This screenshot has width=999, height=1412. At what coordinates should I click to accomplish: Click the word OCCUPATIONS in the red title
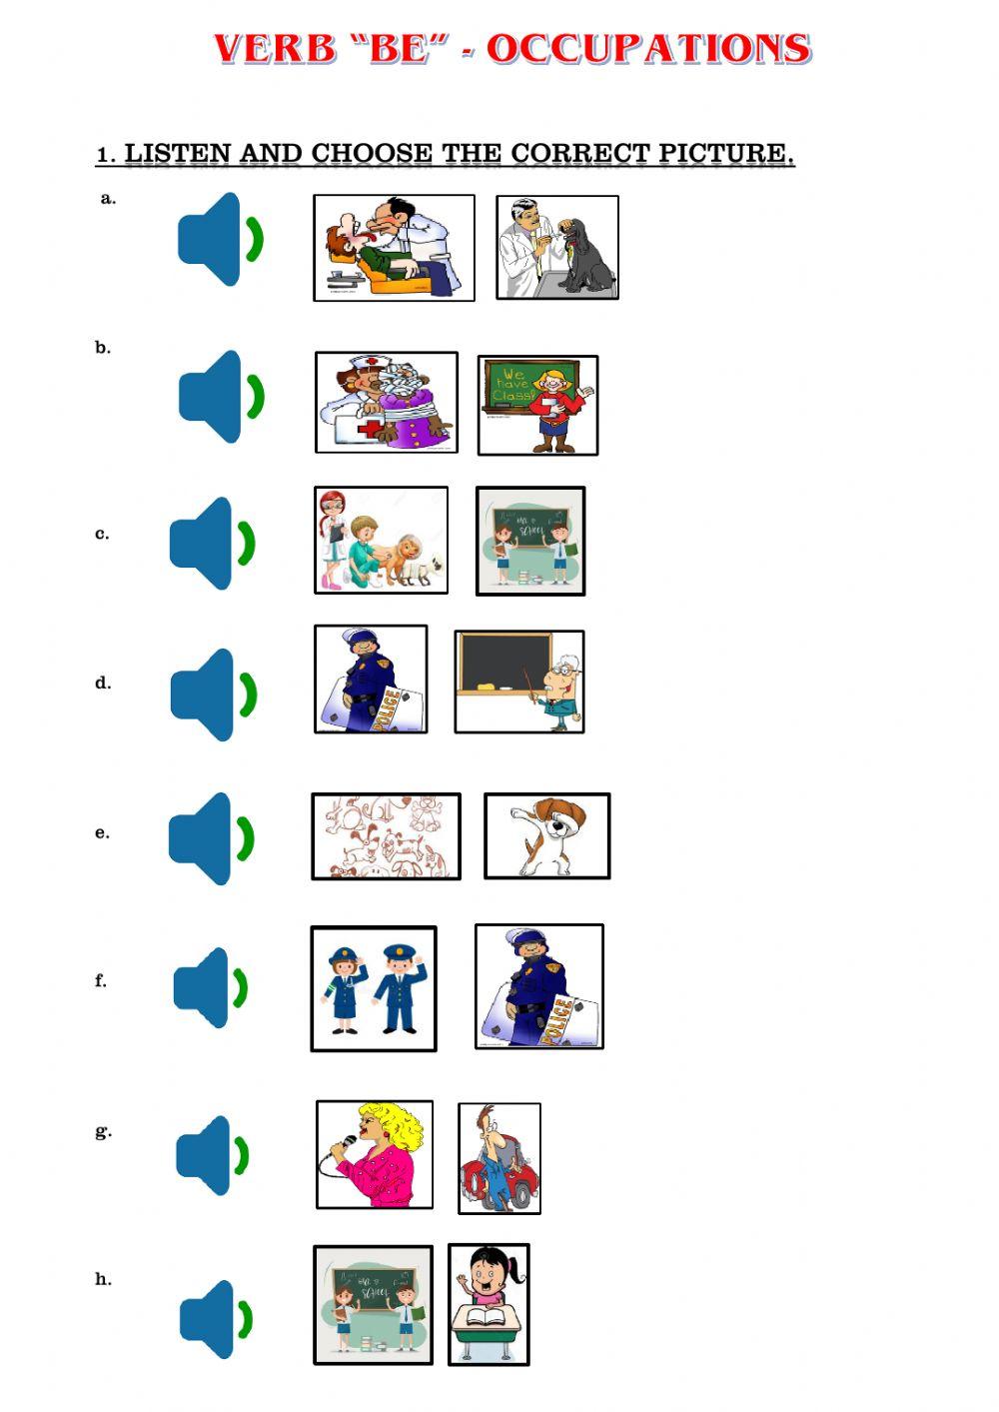(x=647, y=48)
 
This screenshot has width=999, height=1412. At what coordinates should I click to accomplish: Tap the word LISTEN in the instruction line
(x=178, y=154)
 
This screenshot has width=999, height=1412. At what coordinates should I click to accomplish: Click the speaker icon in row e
(x=211, y=838)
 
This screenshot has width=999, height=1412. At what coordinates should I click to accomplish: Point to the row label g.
(x=103, y=1131)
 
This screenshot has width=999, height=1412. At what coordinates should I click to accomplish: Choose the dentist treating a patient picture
(x=394, y=247)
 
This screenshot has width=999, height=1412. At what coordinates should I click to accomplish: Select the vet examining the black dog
(x=557, y=247)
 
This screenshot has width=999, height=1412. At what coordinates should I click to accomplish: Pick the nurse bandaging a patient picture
(x=387, y=402)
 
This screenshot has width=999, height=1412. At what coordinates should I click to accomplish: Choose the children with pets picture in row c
(x=381, y=540)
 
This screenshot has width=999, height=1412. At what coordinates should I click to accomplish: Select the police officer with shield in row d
(x=371, y=679)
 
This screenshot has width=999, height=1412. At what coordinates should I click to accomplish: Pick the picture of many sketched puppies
(x=386, y=836)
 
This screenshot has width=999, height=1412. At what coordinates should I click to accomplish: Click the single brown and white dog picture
(x=546, y=836)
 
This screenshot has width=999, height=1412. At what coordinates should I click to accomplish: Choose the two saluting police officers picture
(x=374, y=988)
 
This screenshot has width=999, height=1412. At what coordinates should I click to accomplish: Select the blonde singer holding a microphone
(x=375, y=1154)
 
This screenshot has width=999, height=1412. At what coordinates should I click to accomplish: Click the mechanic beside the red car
(x=499, y=1158)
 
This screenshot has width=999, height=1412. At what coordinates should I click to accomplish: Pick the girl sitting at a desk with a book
(x=489, y=1304)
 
